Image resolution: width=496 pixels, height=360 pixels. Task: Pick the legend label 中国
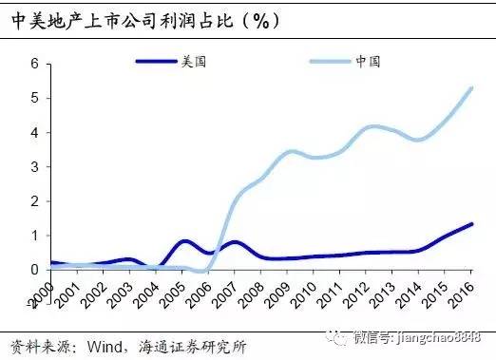point(368,62)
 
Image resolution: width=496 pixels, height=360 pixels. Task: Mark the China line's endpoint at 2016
point(473,88)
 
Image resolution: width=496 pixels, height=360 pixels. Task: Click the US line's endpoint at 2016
point(473,224)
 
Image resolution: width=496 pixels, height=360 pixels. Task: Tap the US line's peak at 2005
point(184,241)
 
